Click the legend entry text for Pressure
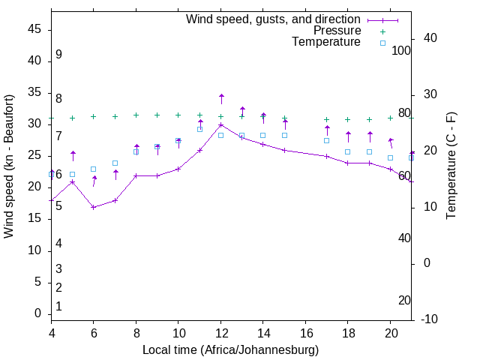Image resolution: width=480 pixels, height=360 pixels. pyautogui.click(x=337, y=31)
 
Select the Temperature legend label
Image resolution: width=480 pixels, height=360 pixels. pyautogui.click(x=326, y=42)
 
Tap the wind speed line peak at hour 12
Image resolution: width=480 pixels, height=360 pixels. pyautogui.click(x=220, y=124)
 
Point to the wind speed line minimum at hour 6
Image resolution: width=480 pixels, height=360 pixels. pyautogui.click(x=94, y=207)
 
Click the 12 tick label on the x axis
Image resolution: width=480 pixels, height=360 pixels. pyautogui.click(x=220, y=332)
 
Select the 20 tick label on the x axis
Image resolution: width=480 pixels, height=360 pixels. pyautogui.click(x=390, y=332)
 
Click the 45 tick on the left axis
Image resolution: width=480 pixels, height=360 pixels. pyautogui.click(x=34, y=29)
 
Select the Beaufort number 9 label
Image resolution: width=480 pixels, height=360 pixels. pyautogui.click(x=58, y=55)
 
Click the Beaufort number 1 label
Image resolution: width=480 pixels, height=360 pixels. pyautogui.click(x=58, y=306)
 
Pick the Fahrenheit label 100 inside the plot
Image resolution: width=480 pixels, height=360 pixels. pyautogui.click(x=401, y=50)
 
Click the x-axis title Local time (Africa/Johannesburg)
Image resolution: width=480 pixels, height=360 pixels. pyautogui.click(x=230, y=349)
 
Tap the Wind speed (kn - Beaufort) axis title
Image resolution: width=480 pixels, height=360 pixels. pyautogui.click(x=9, y=166)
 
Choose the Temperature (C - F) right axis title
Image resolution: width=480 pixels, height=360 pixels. pyautogui.click(x=451, y=166)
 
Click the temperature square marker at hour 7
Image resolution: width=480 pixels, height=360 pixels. pyautogui.click(x=115, y=163)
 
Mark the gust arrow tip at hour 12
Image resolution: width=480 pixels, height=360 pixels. pyautogui.click(x=221, y=95)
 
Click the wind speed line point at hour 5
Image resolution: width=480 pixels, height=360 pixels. pyautogui.click(x=73, y=181)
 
